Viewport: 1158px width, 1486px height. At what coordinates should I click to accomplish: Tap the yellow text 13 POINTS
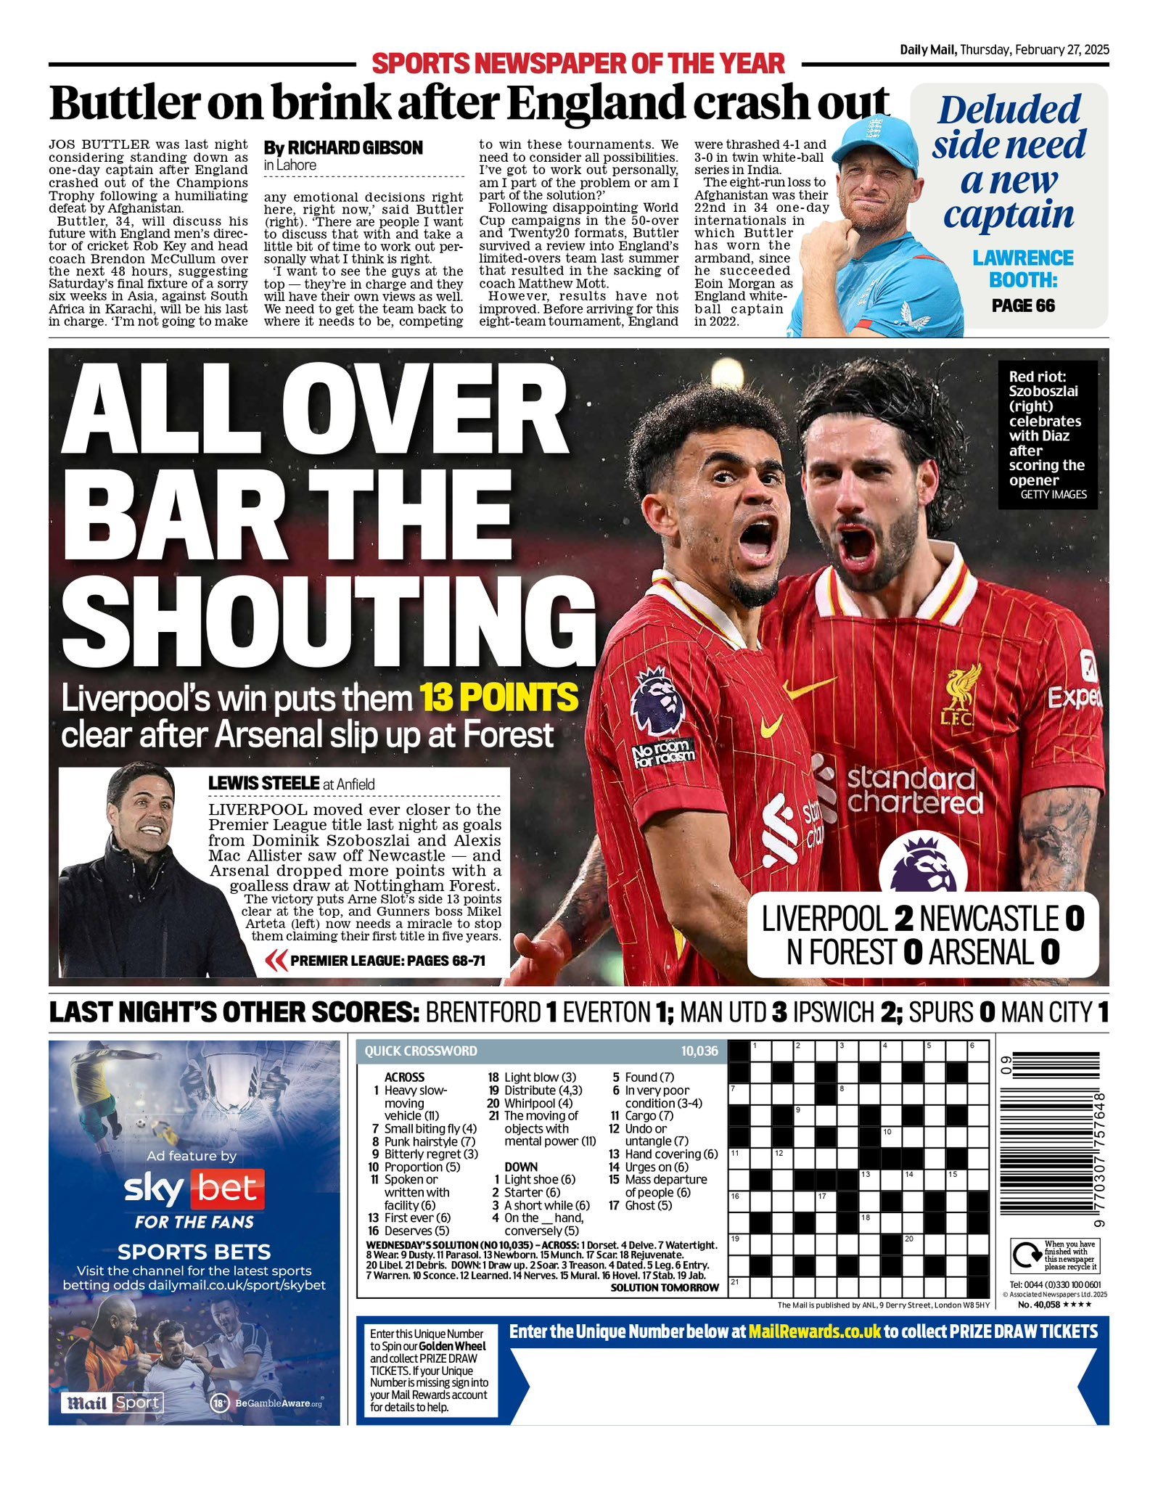click(x=498, y=698)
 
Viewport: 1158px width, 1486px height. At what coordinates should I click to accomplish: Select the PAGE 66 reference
click(x=1023, y=305)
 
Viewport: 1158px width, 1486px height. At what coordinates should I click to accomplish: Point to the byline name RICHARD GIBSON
click(x=356, y=148)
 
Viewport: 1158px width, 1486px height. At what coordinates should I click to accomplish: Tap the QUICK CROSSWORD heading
click(x=421, y=1051)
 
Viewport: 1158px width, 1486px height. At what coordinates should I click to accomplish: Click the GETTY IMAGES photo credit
click(x=1054, y=494)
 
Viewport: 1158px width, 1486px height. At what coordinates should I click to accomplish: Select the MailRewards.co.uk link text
click(x=814, y=1331)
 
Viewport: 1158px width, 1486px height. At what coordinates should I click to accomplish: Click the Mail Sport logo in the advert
click(x=112, y=1403)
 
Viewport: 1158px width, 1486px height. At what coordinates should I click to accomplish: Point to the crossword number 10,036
click(x=699, y=1051)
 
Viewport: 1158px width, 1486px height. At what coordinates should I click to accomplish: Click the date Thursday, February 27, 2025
click(x=1034, y=50)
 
